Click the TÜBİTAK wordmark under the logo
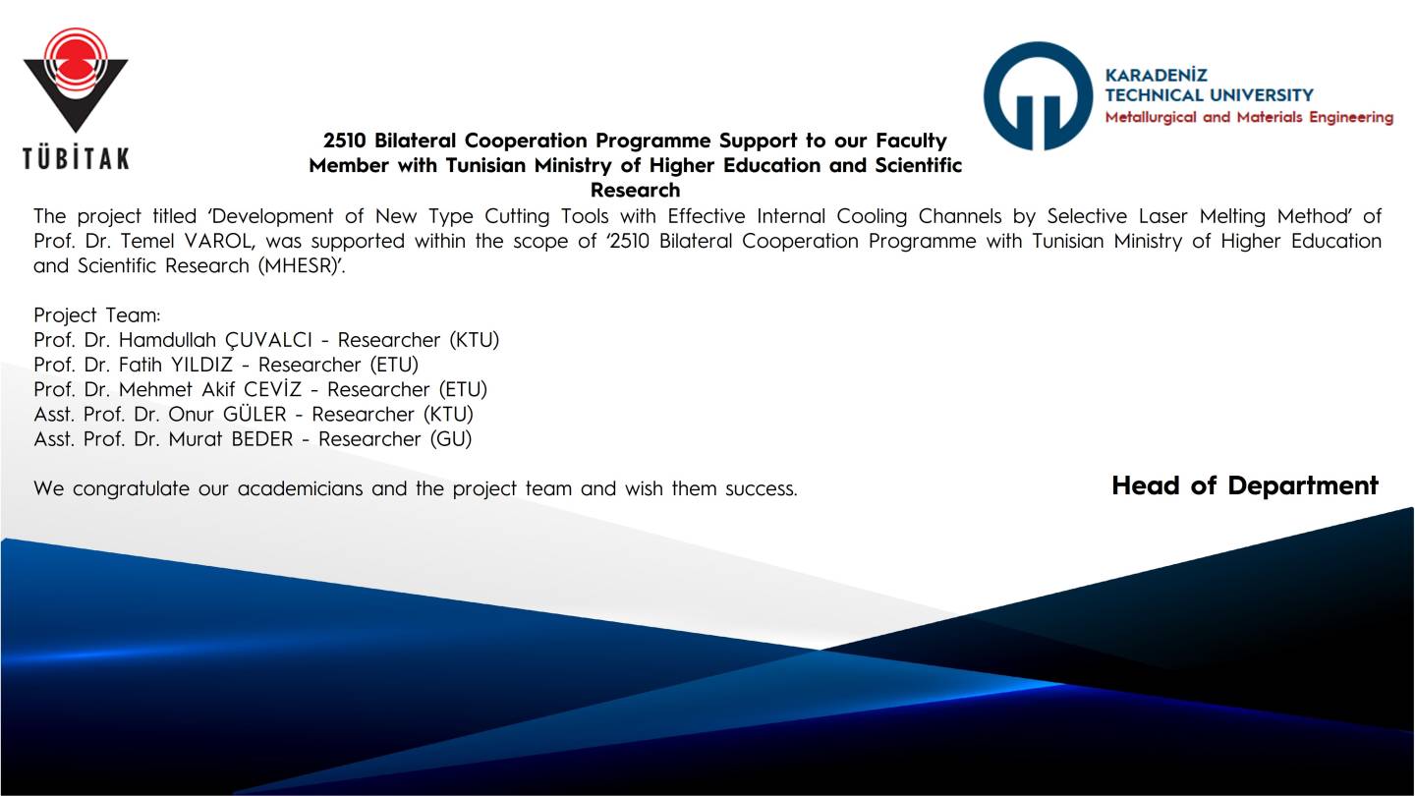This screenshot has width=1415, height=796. (76, 158)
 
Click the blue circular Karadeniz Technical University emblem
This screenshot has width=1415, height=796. (1038, 96)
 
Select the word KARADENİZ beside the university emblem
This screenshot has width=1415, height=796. (1156, 75)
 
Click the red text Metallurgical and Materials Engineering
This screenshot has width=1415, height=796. (1249, 118)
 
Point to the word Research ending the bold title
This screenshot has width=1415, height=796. (636, 190)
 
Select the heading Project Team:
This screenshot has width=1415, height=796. (97, 315)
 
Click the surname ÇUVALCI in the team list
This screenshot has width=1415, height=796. (269, 340)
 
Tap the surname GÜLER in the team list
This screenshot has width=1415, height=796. (255, 414)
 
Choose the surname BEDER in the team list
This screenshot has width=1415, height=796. (262, 439)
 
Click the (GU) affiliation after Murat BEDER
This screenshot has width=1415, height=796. (451, 439)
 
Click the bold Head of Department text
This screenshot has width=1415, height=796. (1245, 485)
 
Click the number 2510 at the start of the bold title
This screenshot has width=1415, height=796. (344, 141)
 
